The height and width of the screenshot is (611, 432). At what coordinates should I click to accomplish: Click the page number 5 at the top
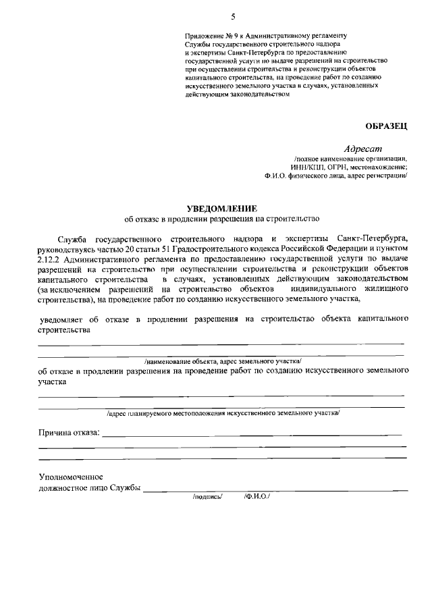(233, 16)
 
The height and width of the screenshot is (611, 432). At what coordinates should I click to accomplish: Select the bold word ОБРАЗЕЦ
(386, 126)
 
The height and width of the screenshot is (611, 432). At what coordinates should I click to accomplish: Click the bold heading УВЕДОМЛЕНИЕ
(223, 209)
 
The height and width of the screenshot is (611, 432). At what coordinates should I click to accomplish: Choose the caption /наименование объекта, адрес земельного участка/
(223, 361)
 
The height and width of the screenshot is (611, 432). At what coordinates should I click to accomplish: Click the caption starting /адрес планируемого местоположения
(223, 413)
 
